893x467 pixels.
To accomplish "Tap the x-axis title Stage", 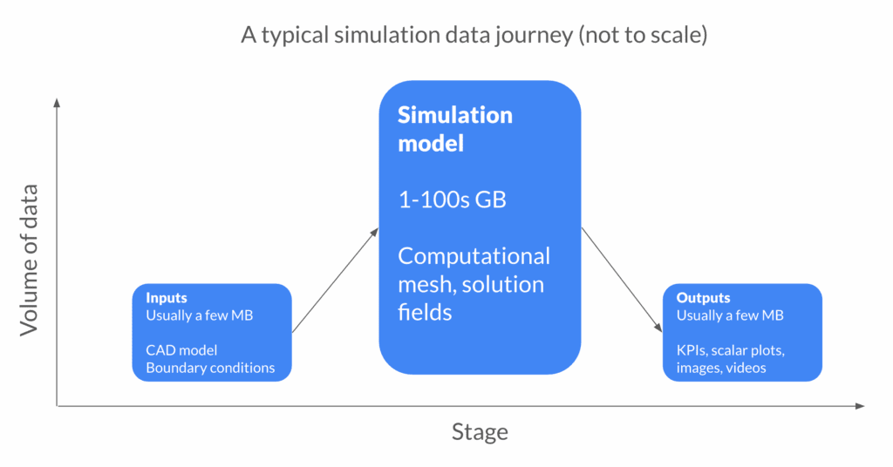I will (x=479, y=432).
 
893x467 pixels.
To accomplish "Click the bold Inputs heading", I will (x=167, y=298).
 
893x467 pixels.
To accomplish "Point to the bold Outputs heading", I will (x=703, y=298).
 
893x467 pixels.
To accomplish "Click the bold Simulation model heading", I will (x=455, y=129).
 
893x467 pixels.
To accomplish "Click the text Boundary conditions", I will (x=210, y=368).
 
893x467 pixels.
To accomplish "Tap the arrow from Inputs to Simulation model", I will (x=335, y=281).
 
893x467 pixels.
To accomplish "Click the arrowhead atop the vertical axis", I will (x=57, y=102).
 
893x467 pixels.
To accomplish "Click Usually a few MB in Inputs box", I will (x=199, y=315).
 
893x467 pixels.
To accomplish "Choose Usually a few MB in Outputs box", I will (x=730, y=315).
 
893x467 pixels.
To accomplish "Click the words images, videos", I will (x=720, y=368).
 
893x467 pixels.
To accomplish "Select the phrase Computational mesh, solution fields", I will (x=474, y=283).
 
